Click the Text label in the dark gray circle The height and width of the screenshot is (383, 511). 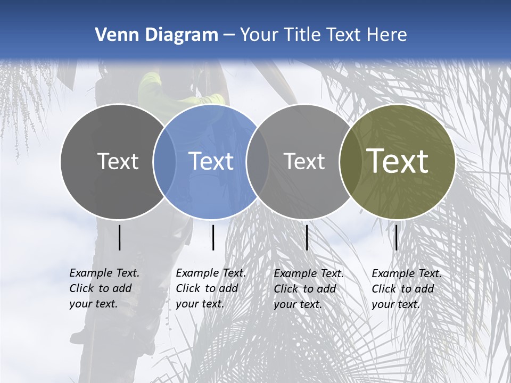coord(118,161)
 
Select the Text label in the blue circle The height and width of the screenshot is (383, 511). coord(211,161)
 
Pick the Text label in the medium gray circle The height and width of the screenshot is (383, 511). coord(304,161)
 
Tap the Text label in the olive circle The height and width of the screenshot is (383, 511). coord(398,161)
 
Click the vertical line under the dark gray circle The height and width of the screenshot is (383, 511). coord(120,237)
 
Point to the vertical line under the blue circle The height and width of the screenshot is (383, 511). coord(213,237)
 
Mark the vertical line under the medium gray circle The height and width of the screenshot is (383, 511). coord(307,237)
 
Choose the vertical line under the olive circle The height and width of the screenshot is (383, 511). coord(396,237)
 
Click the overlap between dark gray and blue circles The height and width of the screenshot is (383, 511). coord(164,162)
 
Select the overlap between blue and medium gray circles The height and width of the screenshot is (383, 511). coord(258,162)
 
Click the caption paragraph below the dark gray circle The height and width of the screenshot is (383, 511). coord(104,288)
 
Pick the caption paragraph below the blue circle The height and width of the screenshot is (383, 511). coord(211,288)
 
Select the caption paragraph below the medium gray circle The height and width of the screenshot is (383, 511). coord(309,289)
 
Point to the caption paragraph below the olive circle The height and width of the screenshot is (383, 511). coord(407,289)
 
